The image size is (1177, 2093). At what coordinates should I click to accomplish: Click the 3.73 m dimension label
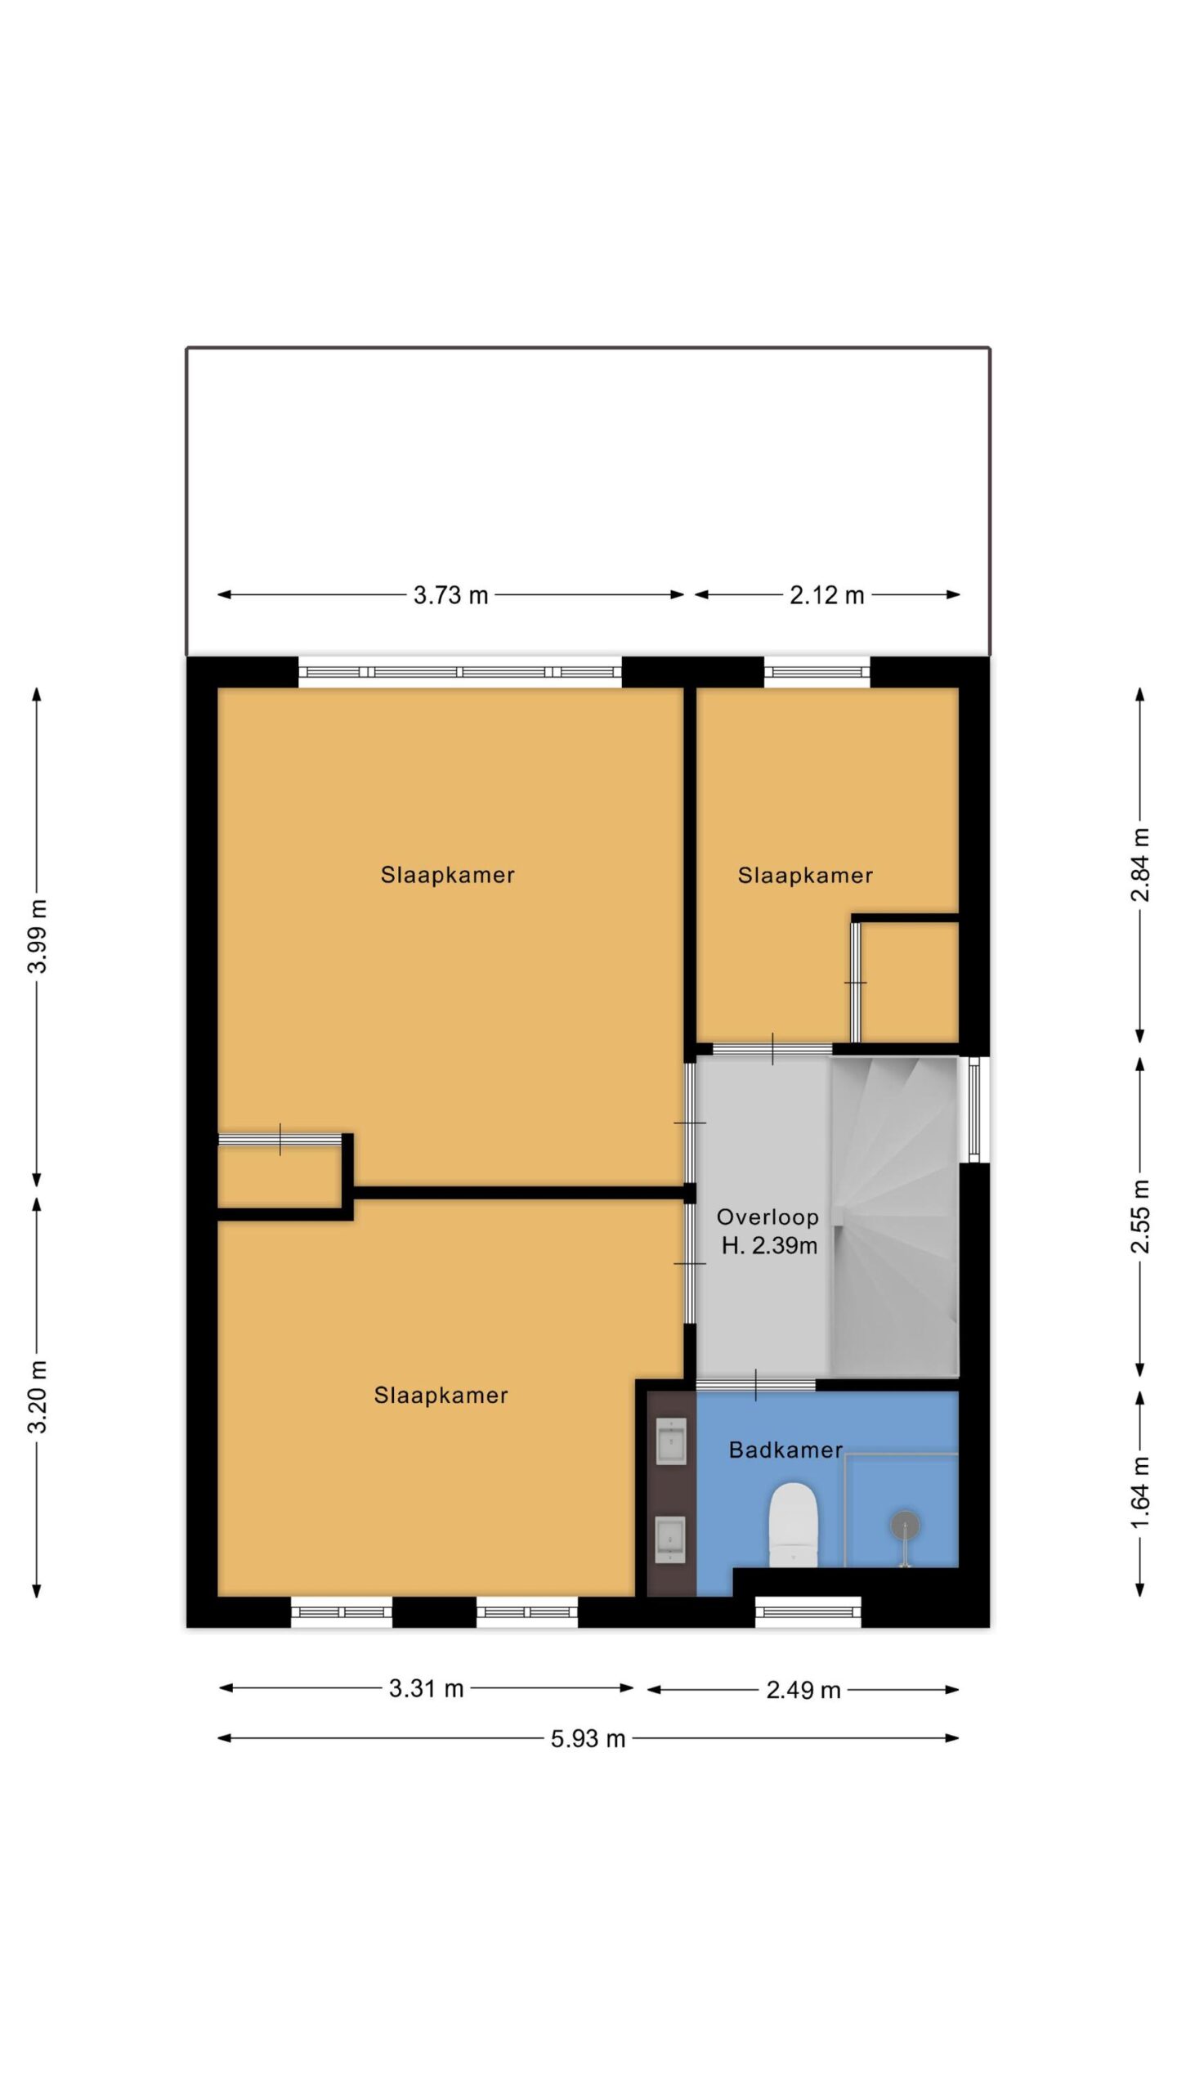click(450, 595)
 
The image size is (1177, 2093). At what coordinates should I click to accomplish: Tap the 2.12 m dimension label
click(826, 595)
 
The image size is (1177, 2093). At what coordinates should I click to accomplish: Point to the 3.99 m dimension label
click(38, 936)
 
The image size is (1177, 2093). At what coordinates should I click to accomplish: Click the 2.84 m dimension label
click(1140, 865)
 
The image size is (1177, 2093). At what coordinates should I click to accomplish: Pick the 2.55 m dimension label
click(1140, 1217)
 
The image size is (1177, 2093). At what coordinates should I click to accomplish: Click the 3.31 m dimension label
click(426, 1688)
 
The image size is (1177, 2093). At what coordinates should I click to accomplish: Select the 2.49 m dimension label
click(803, 1690)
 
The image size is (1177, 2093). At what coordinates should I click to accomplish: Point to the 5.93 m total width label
click(588, 1739)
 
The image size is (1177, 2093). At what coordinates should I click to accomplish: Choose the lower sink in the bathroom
click(671, 1540)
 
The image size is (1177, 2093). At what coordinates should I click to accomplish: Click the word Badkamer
click(785, 1450)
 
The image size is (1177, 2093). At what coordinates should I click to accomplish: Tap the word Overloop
click(768, 1217)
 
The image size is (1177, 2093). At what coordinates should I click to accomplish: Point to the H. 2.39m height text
click(769, 1246)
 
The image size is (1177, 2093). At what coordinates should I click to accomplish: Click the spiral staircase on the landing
click(894, 1217)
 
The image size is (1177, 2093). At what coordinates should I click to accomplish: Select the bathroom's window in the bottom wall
click(808, 1612)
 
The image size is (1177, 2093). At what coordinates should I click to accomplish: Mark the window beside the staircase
click(973, 1109)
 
